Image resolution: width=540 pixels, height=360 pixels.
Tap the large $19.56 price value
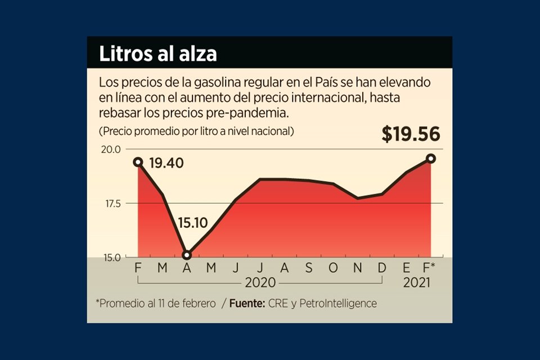[411, 134]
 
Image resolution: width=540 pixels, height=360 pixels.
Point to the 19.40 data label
[167, 164]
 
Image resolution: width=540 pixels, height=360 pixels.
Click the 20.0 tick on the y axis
[111, 149]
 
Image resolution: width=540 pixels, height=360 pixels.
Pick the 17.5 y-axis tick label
[111, 204]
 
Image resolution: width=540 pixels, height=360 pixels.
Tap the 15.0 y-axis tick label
[111, 258]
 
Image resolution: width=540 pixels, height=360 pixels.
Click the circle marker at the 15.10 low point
[187, 255]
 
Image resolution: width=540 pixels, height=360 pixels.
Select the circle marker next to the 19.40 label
[138, 162]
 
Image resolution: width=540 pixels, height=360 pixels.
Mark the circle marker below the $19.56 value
[431, 159]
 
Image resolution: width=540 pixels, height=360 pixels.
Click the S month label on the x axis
[309, 268]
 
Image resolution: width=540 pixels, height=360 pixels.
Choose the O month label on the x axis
[333, 268]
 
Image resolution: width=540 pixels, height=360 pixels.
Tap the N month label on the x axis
[358, 268]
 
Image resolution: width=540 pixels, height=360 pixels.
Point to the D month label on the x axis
[382, 268]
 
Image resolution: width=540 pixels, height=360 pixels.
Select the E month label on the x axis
[407, 268]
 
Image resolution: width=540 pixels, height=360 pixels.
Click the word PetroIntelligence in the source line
[339, 303]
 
